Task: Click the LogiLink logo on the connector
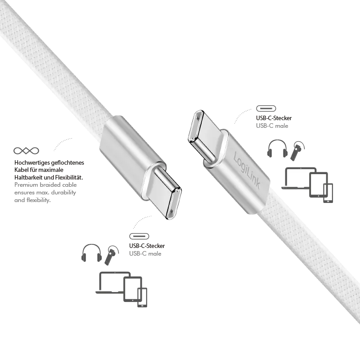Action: [x=247, y=171]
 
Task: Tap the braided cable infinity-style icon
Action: [x=26, y=151]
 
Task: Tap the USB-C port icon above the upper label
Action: [x=266, y=108]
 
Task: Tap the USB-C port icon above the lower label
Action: [x=139, y=236]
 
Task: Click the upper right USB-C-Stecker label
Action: [x=274, y=118]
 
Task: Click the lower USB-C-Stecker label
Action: [x=147, y=246]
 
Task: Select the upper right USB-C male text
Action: [x=272, y=126]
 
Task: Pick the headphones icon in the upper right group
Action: [x=277, y=148]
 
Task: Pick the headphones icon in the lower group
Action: [x=91, y=252]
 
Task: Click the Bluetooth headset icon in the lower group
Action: [x=112, y=255]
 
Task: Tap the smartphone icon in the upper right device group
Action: [x=328, y=193]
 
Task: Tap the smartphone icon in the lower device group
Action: [x=142, y=297]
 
